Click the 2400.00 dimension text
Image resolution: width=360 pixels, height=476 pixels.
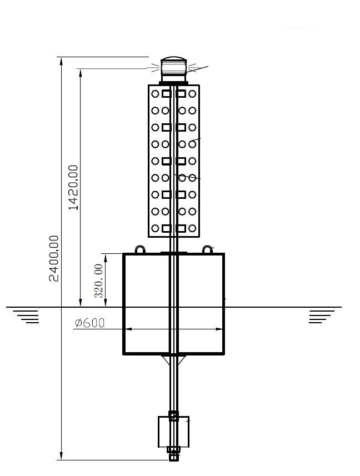tap(54, 258)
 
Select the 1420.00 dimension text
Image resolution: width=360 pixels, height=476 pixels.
tap(73, 187)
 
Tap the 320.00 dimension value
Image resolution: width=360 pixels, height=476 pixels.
tap(99, 281)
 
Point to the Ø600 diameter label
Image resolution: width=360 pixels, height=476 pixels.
tap(89, 323)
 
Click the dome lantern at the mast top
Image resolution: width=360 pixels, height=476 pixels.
tap(173, 69)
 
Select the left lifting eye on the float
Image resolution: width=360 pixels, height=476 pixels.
tap(140, 249)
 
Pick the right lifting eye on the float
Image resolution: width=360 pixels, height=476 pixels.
tap(207, 249)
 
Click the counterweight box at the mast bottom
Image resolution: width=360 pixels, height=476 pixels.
tap(174, 432)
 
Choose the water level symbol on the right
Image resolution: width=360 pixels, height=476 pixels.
tap(322, 317)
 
